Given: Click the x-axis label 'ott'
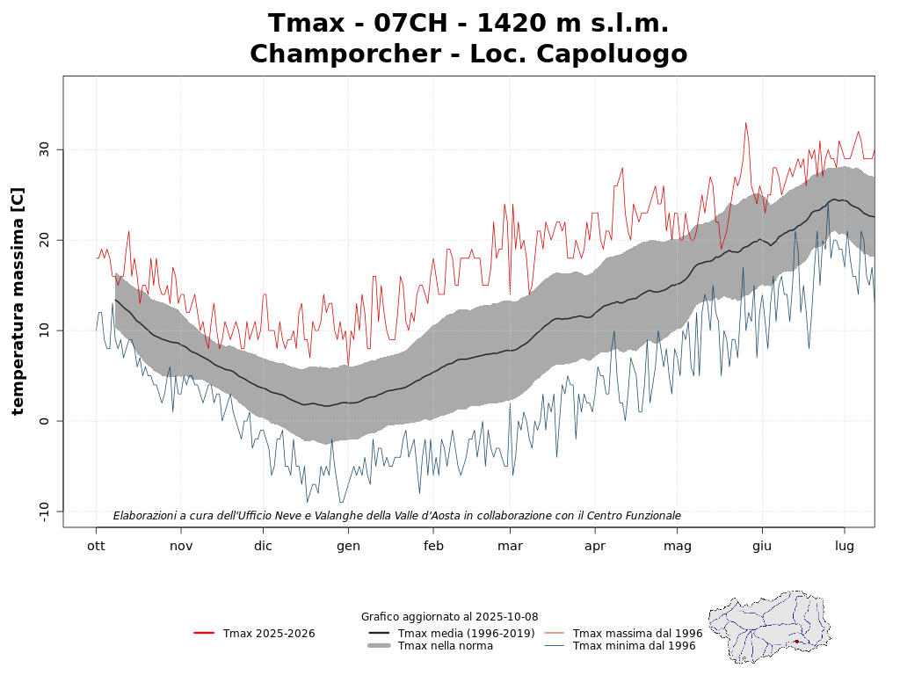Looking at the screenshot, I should [x=96, y=546].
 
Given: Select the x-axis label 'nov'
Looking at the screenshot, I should [x=181, y=546].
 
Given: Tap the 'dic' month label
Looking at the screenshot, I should [x=263, y=546].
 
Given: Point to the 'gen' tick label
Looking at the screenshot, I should [x=348, y=547].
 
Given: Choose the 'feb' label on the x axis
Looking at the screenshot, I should [x=433, y=546].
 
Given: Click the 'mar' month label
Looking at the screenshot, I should [x=510, y=546].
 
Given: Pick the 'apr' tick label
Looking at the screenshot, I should [x=595, y=547].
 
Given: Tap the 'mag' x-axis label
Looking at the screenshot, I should [x=678, y=547].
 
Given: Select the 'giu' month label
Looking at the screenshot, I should [x=762, y=547].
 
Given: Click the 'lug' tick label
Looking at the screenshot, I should [x=845, y=547].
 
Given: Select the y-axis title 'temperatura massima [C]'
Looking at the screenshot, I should [x=18, y=301].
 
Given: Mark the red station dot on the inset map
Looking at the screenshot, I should [x=796, y=642].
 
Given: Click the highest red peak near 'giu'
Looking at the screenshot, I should [x=745, y=123].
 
